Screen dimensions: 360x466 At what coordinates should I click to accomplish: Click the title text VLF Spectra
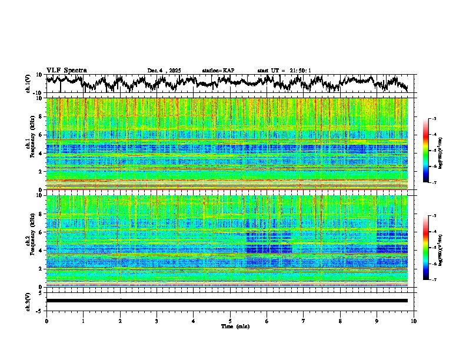click(66, 70)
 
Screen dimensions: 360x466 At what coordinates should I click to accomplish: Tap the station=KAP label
click(218, 71)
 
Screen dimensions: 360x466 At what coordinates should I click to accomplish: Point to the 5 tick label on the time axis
click(230, 321)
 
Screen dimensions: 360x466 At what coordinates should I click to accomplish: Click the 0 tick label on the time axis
click(46, 321)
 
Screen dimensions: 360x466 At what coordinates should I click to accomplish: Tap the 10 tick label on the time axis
click(414, 321)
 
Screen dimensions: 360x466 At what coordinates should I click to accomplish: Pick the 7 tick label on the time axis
click(304, 321)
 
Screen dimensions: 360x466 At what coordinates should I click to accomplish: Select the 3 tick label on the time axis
click(157, 321)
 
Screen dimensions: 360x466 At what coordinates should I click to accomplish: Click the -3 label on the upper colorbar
click(434, 119)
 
